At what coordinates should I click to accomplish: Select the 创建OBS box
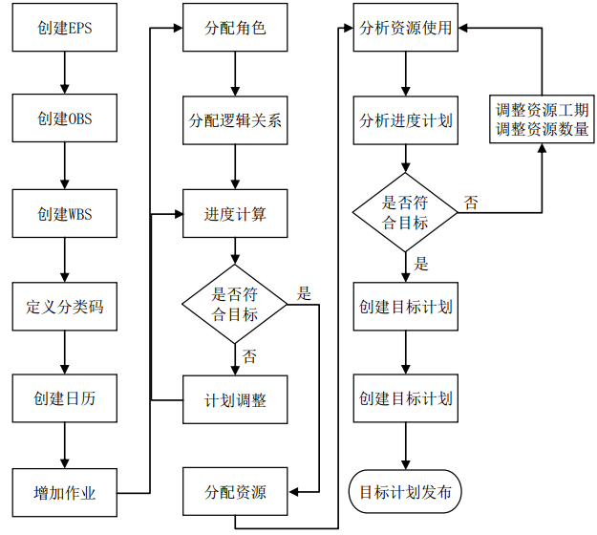tap(64, 120)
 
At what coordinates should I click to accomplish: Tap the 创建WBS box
tap(64, 213)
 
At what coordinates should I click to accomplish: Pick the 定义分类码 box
tap(64, 307)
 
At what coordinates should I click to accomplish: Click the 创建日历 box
tap(64, 399)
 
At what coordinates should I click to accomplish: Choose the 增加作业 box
tap(64, 493)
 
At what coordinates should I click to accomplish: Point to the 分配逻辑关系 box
tap(235, 120)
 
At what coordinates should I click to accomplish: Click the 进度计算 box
tap(235, 213)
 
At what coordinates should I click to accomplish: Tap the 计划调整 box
tap(235, 399)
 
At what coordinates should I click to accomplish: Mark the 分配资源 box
tap(235, 493)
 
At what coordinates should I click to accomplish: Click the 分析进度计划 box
tap(406, 120)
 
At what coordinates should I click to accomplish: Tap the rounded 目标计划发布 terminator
tap(406, 493)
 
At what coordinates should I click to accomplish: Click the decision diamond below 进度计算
tap(235, 304)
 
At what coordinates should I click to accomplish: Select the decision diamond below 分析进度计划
tap(406, 212)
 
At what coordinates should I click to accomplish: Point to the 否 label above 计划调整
tap(249, 356)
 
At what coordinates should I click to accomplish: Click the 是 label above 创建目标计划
tap(421, 265)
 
